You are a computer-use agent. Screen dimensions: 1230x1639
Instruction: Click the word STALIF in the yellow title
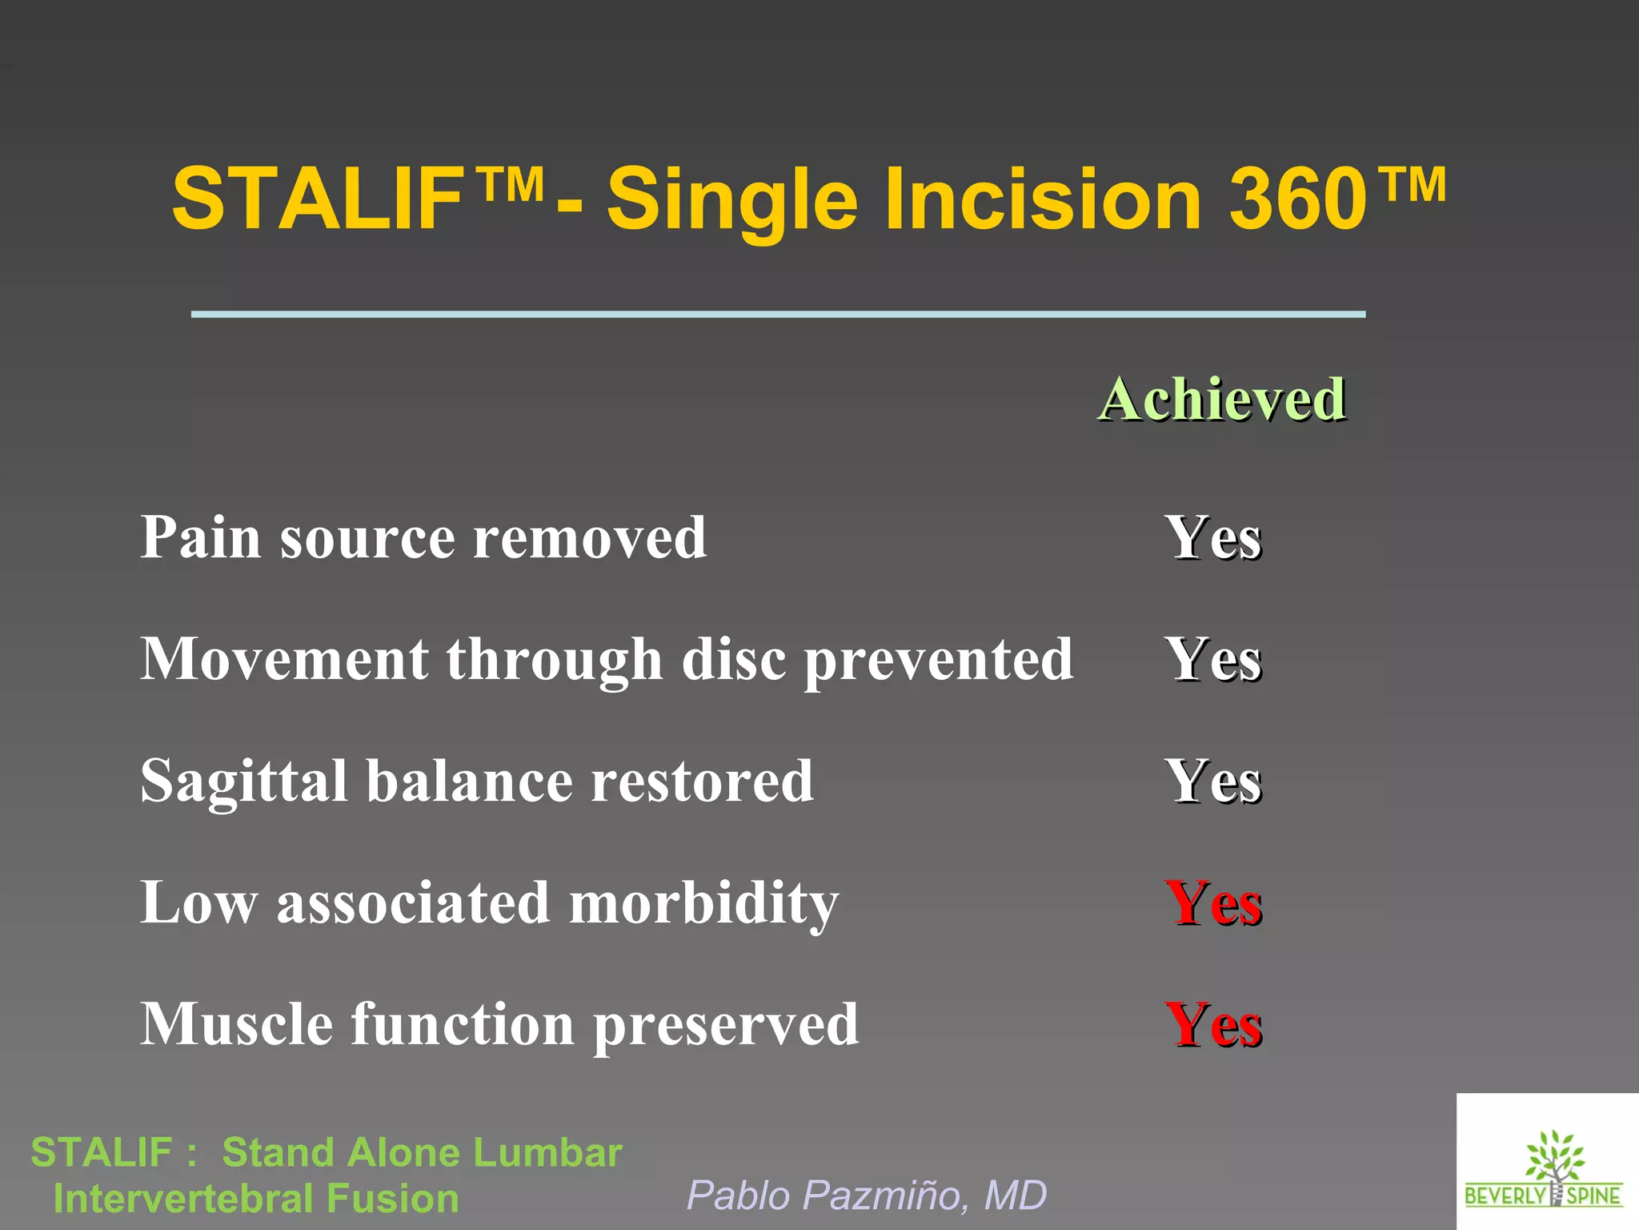(317, 199)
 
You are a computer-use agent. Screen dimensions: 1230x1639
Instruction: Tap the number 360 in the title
(1297, 199)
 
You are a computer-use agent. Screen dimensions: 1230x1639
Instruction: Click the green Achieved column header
(1221, 399)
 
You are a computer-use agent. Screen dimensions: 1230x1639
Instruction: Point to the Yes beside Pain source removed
(1213, 537)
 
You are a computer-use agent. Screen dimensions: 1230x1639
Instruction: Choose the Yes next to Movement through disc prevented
(1213, 660)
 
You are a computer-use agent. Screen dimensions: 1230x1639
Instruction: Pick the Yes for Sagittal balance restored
(1213, 782)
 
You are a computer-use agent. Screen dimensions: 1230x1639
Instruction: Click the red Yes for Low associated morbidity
(1213, 903)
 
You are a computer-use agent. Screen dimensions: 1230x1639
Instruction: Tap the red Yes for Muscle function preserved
(1213, 1025)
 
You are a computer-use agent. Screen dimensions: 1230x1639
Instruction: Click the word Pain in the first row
(200, 537)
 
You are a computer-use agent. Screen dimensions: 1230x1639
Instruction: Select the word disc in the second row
(733, 660)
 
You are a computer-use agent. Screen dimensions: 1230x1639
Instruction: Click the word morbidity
(703, 903)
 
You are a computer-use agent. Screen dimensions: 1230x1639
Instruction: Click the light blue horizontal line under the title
(778, 315)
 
